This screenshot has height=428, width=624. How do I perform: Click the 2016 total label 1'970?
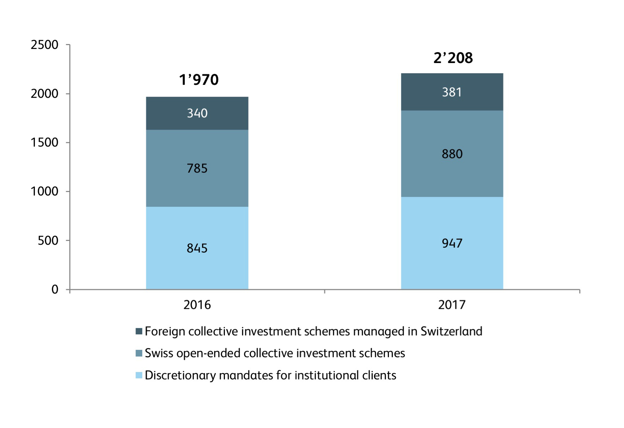tap(199, 80)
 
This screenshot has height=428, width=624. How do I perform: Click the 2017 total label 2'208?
tap(453, 58)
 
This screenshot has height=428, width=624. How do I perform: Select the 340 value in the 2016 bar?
tap(197, 113)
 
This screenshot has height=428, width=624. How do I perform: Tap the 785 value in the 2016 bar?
tap(197, 168)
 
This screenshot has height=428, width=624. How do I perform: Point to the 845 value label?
tap(197, 248)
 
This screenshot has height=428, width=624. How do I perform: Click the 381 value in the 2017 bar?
tap(452, 92)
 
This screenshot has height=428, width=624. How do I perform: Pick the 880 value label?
tap(452, 154)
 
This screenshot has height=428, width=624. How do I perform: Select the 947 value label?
tap(452, 243)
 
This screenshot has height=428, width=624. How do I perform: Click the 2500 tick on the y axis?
tap(45, 45)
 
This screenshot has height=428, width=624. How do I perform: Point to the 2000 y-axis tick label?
tap(45, 94)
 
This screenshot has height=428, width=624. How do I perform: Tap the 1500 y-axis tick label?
tap(45, 143)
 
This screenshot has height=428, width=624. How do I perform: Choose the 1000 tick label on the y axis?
tap(45, 191)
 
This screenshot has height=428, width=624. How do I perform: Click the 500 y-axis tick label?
tap(48, 241)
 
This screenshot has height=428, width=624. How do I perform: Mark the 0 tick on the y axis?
tap(55, 290)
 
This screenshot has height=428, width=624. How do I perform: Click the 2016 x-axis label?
tap(197, 305)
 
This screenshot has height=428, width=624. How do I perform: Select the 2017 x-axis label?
tap(452, 305)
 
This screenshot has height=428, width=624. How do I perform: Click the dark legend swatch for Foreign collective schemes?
tap(139, 331)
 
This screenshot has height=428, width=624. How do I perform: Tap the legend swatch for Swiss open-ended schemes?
tap(139, 353)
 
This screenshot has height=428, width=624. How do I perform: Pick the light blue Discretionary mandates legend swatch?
tap(139, 375)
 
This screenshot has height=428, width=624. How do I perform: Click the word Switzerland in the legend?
tap(451, 331)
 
